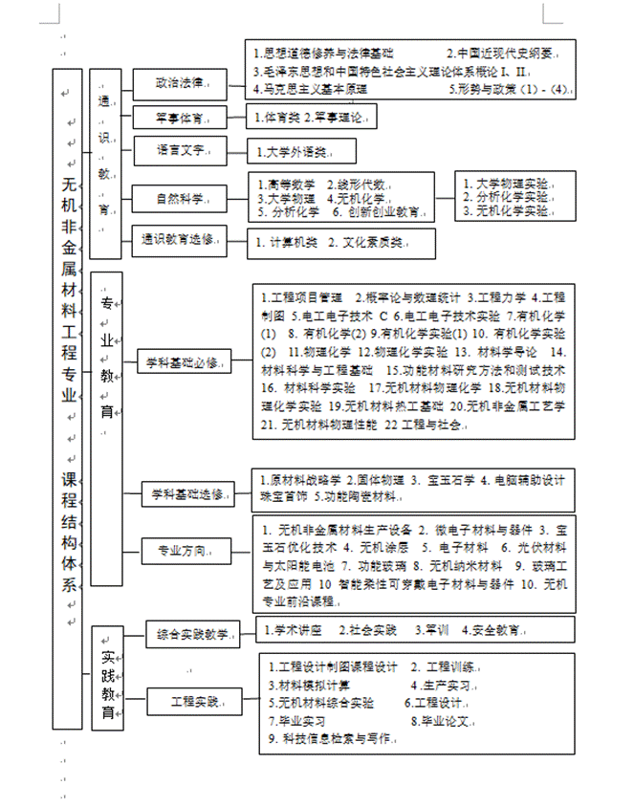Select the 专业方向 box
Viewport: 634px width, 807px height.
(x=186, y=551)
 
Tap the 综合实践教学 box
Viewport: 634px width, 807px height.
(x=193, y=633)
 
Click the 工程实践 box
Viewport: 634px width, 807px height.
(x=194, y=702)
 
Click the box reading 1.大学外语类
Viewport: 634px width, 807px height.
(x=301, y=151)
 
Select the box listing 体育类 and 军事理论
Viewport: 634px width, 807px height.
(x=309, y=118)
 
